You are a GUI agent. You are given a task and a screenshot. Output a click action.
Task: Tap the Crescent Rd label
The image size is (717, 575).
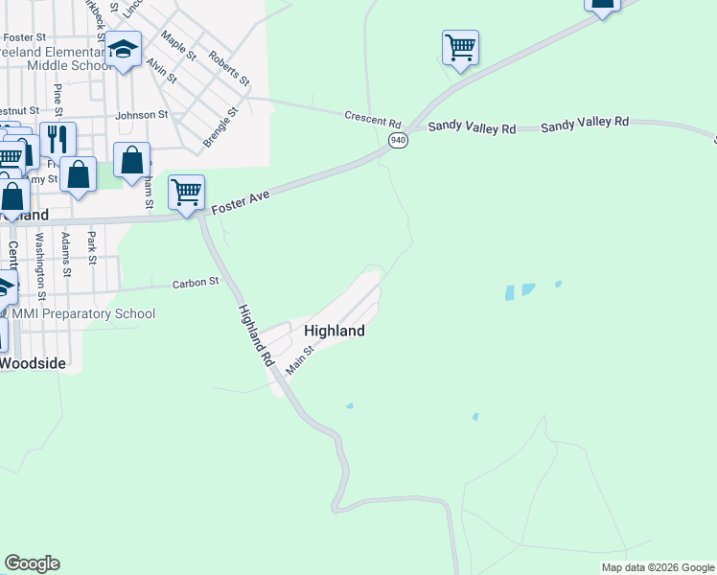373,120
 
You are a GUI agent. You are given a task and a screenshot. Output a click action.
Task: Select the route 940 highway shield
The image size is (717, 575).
397,141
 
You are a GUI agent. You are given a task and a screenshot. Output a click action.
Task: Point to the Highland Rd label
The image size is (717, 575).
256,337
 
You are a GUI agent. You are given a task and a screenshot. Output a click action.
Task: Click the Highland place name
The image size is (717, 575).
335,331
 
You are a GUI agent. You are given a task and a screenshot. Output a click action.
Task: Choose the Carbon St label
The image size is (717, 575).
196,283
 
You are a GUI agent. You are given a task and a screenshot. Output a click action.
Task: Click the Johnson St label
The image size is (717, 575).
141,115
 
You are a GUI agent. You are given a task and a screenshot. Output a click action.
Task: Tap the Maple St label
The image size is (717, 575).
178,46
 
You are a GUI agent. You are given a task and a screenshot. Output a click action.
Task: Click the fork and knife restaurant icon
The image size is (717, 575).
58,139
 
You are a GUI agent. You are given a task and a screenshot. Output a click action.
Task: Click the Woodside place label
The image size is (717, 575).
33,363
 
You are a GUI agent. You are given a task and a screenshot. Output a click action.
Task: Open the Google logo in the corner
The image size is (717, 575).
32,563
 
